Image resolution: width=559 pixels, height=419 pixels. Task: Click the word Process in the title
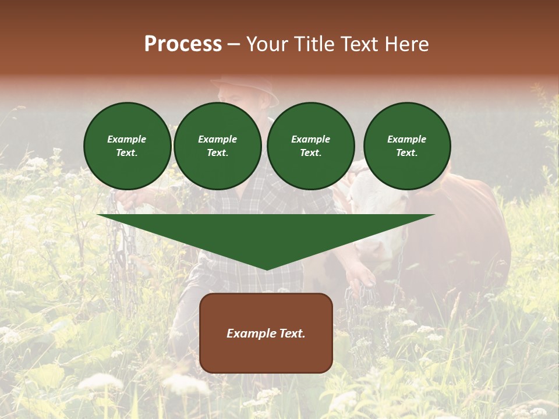pyautogui.click(x=183, y=44)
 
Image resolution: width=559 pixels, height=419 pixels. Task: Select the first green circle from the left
pyautogui.click(x=128, y=146)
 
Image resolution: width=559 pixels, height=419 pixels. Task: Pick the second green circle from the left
pyautogui.click(x=218, y=146)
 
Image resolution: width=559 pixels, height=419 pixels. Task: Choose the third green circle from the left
pyautogui.click(x=311, y=146)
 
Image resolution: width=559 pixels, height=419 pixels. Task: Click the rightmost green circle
pyautogui.click(x=407, y=146)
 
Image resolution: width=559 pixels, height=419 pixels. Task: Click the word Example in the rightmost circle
pyautogui.click(x=407, y=139)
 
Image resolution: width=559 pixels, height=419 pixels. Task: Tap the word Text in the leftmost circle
pyautogui.click(x=126, y=153)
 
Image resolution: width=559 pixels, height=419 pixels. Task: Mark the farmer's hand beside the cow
pyautogui.click(x=361, y=274)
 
